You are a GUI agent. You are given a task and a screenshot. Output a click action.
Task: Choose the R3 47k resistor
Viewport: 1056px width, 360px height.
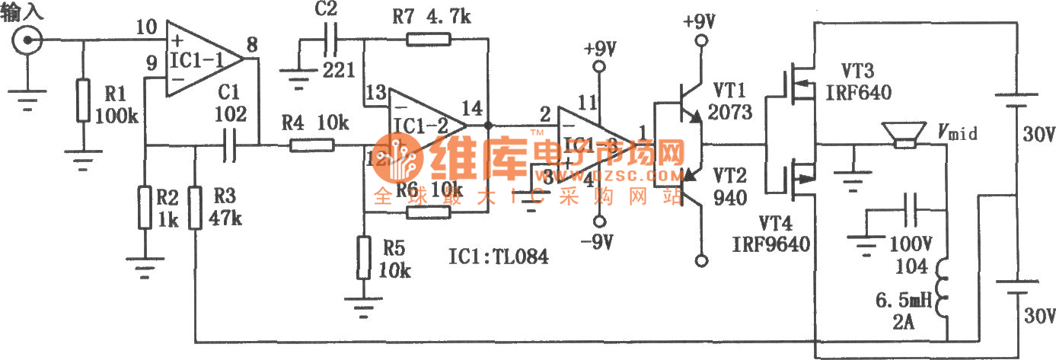pos(196,207)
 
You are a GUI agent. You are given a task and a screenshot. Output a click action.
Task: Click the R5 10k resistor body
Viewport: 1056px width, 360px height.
pos(364,259)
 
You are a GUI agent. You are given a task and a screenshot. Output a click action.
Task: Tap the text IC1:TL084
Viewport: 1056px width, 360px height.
pos(499,259)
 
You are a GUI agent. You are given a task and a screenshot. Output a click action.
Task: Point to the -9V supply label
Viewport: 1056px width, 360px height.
pos(598,243)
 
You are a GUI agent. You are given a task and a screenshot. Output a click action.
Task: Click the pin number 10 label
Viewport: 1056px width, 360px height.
pos(145,28)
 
